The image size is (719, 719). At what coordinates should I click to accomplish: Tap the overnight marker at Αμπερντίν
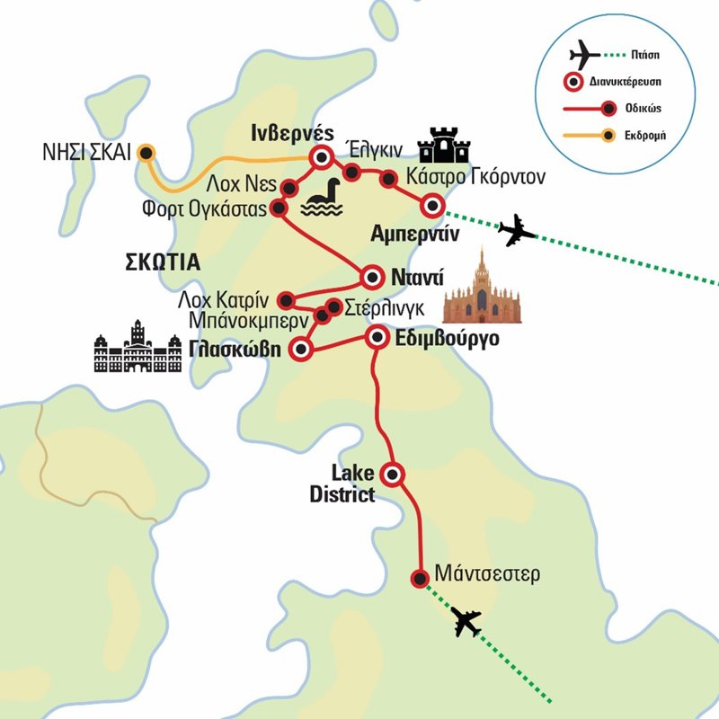click(x=432, y=206)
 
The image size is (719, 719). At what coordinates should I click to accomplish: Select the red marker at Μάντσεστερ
click(x=418, y=579)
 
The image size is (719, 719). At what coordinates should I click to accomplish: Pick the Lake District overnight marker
click(x=393, y=473)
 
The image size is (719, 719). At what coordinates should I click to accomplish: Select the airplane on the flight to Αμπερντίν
click(x=517, y=231)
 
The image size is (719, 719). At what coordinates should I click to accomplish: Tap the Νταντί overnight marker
click(x=374, y=275)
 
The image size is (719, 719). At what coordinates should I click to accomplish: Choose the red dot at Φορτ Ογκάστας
click(x=278, y=209)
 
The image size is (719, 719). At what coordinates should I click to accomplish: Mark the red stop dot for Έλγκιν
click(x=352, y=172)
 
